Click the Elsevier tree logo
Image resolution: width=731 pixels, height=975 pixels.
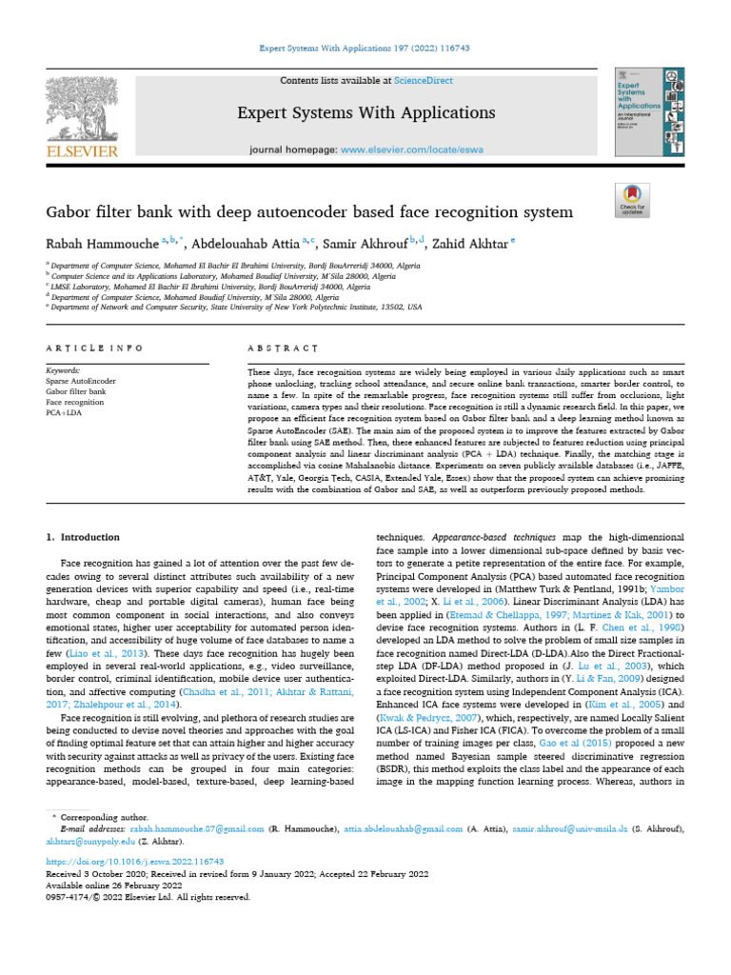[81, 111]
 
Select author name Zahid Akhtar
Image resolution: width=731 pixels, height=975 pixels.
[471, 244]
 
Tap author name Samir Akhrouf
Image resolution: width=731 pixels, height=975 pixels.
[367, 244]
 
